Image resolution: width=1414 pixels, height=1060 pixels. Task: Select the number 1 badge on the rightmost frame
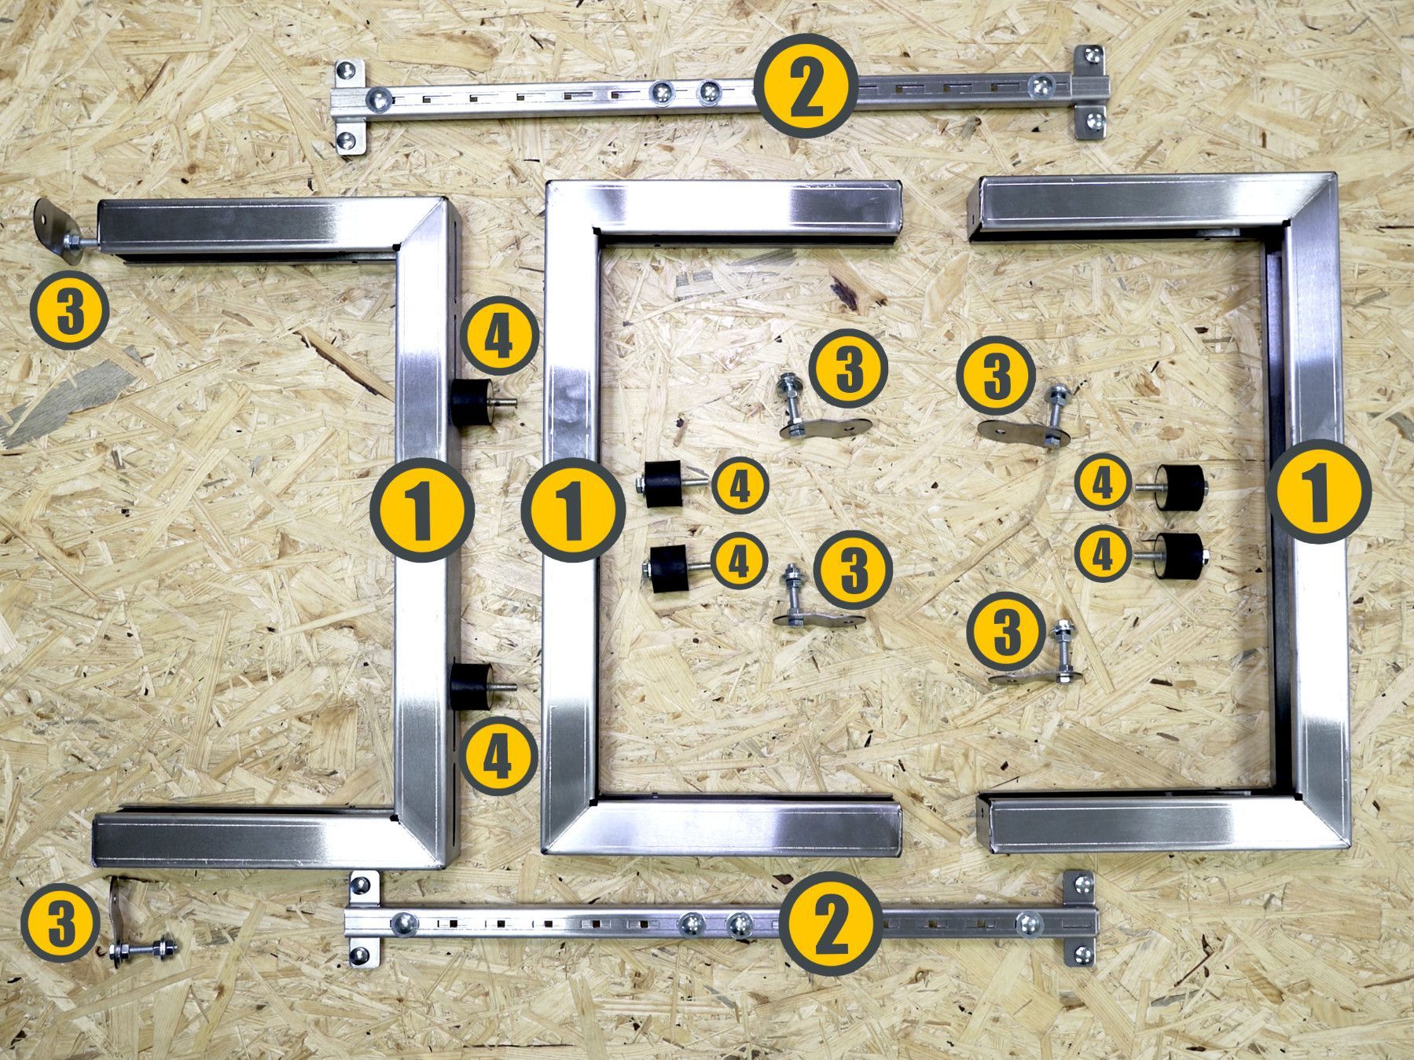tap(1320, 492)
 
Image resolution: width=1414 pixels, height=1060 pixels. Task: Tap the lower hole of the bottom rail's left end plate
tap(358, 955)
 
